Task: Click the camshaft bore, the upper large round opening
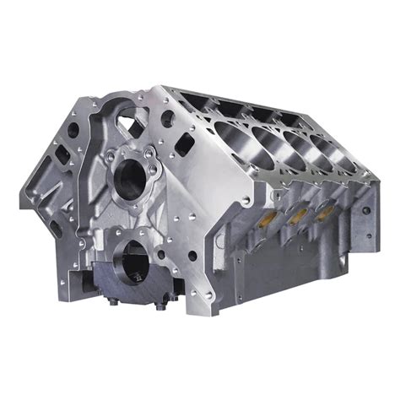[x=132, y=175]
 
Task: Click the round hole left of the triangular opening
[x=75, y=131]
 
